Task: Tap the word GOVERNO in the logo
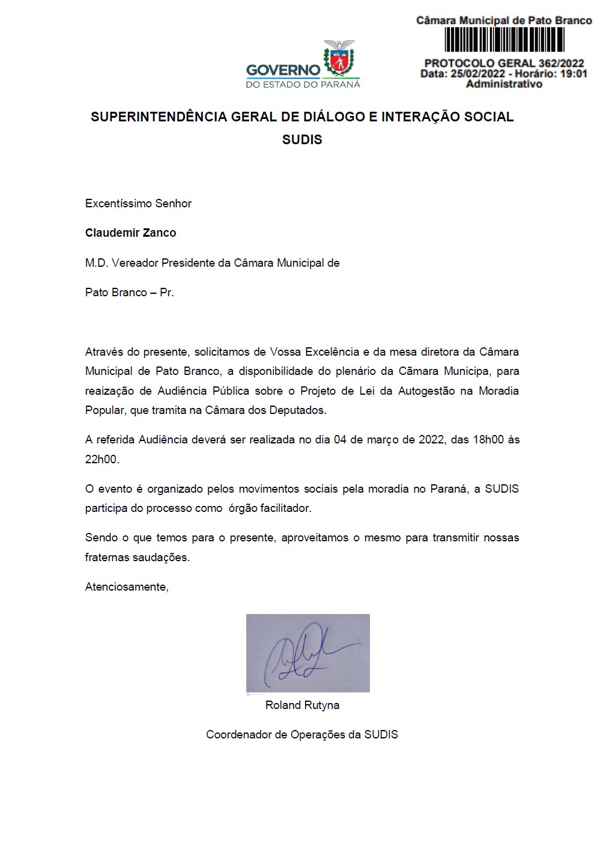(x=283, y=70)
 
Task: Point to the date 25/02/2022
(x=478, y=74)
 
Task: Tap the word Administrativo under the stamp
(x=504, y=84)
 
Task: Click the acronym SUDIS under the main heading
(x=302, y=140)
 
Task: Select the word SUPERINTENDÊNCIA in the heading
(x=159, y=117)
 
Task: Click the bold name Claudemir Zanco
(x=130, y=233)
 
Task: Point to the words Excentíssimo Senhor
(x=138, y=204)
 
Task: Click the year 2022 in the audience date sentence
(x=431, y=440)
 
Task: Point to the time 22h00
(x=102, y=460)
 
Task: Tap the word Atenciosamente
(x=127, y=587)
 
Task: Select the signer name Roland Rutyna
(x=302, y=705)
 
